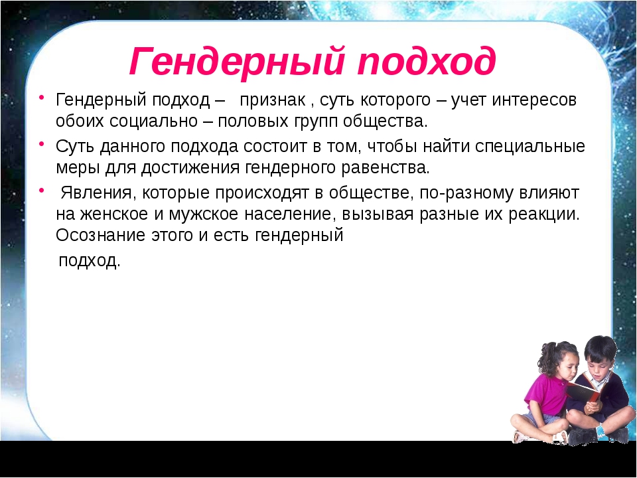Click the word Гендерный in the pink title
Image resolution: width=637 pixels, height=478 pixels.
point(238,61)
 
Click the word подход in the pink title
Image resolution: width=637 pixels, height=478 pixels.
point(427,62)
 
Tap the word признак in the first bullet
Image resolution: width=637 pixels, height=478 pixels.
point(273,100)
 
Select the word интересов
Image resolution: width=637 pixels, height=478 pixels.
point(534,100)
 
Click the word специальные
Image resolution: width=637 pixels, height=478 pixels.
point(530,147)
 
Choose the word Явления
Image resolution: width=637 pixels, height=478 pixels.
point(96,193)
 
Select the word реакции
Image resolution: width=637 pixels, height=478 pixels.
point(544,214)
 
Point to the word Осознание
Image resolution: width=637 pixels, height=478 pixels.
point(100,235)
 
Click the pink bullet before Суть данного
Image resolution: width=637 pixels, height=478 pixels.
point(42,143)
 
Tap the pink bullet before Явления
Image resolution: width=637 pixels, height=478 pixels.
point(42,190)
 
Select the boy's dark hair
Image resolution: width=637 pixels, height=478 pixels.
point(600,348)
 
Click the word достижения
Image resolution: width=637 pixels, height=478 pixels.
point(190,168)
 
